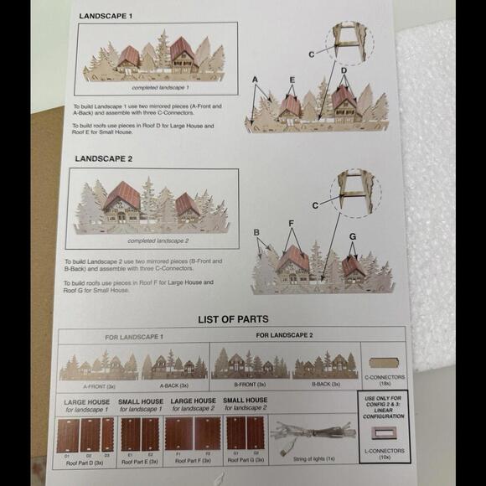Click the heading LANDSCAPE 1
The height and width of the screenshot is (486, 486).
click(x=106, y=16)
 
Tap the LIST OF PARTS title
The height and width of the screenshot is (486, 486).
click(x=233, y=319)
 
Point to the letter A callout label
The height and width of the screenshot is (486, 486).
click(x=255, y=79)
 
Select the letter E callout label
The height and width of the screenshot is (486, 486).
click(x=291, y=80)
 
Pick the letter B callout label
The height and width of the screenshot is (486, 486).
click(x=258, y=232)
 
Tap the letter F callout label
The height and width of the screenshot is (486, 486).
click(x=291, y=225)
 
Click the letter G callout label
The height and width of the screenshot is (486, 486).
click(x=353, y=236)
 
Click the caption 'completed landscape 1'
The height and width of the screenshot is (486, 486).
click(x=160, y=87)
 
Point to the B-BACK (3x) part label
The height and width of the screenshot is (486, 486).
click(x=325, y=384)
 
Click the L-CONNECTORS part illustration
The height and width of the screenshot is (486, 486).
click(x=385, y=434)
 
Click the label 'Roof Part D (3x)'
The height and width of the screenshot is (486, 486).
click(x=88, y=463)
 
